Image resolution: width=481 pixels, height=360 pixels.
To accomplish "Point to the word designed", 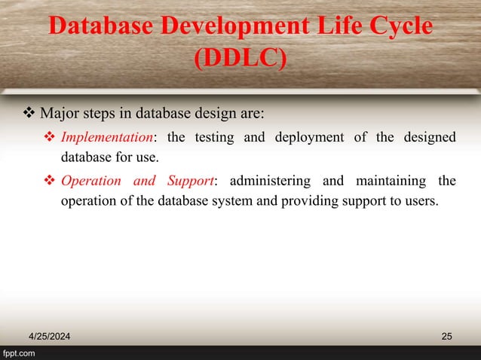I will pos(427,137).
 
